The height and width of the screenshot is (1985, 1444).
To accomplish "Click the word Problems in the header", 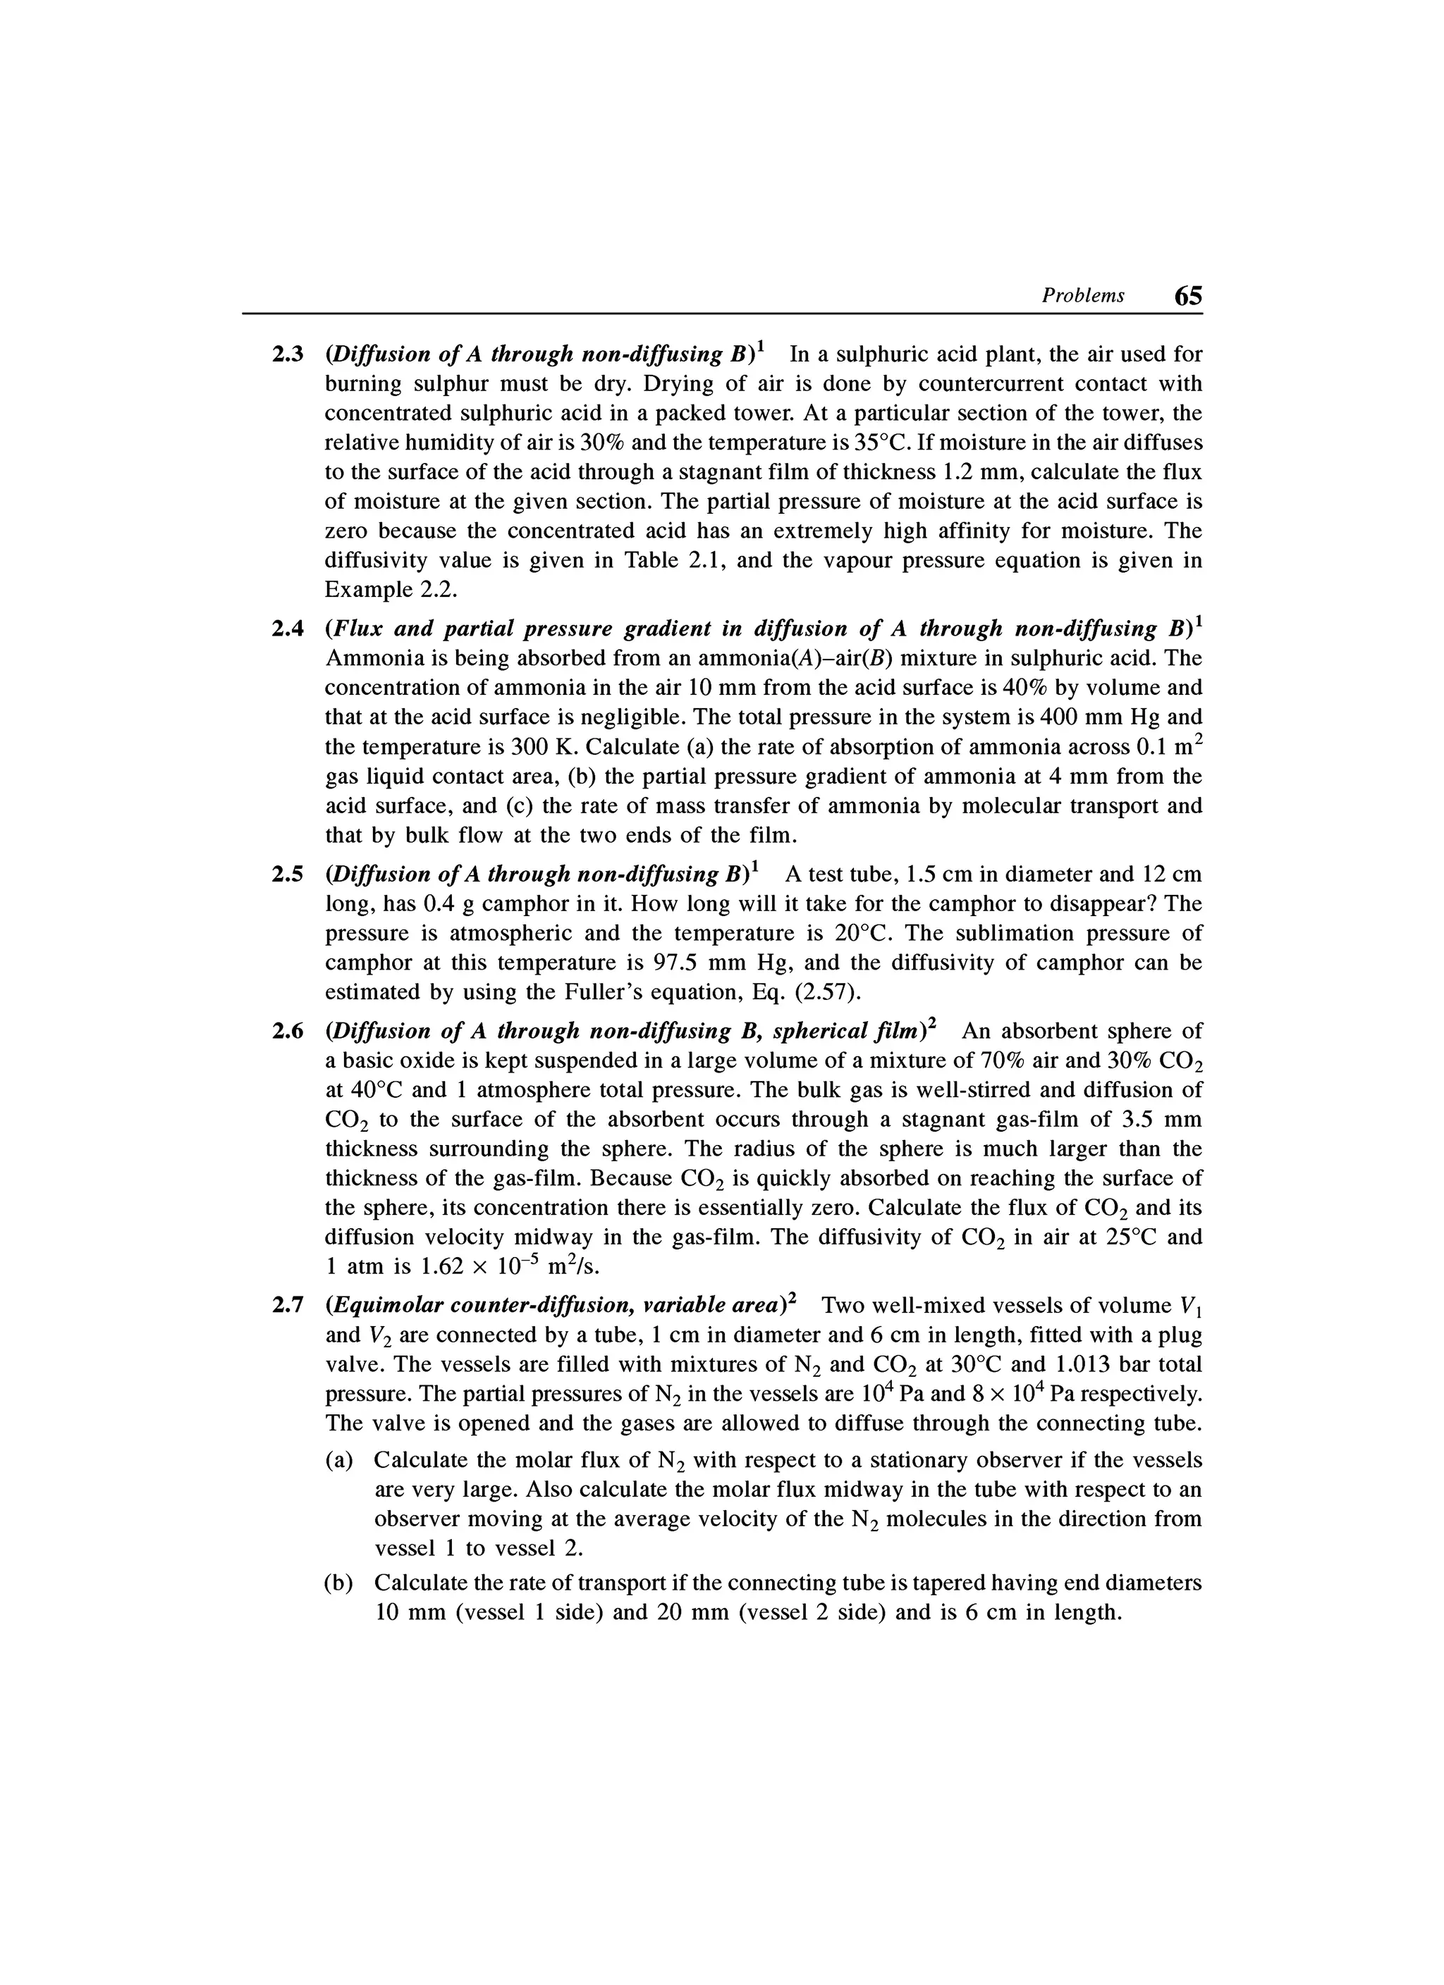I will (1082, 296).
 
